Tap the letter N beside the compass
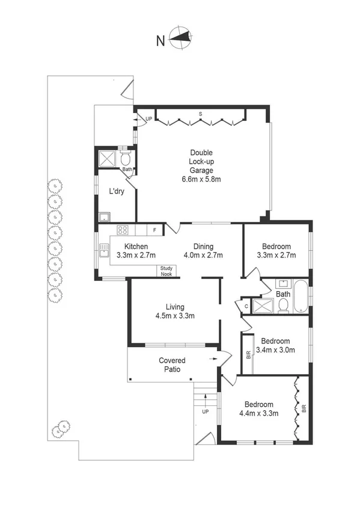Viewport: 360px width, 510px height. (160, 41)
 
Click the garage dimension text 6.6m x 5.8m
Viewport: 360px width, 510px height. (201, 179)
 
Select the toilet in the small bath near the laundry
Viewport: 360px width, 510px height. (126, 159)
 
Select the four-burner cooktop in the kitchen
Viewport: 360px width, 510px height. (123, 230)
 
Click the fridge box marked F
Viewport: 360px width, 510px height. (155, 230)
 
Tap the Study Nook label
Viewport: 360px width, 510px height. (166, 271)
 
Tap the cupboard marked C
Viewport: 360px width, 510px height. (246, 306)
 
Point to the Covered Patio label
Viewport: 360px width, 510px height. (171, 364)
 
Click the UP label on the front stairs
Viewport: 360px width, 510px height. (206, 412)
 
